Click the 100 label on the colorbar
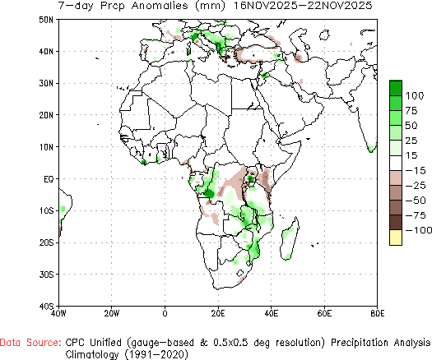tap(416, 95)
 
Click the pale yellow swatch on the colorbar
tap(396, 238)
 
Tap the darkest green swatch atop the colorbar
tap(396, 87)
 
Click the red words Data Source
tap(30, 340)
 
